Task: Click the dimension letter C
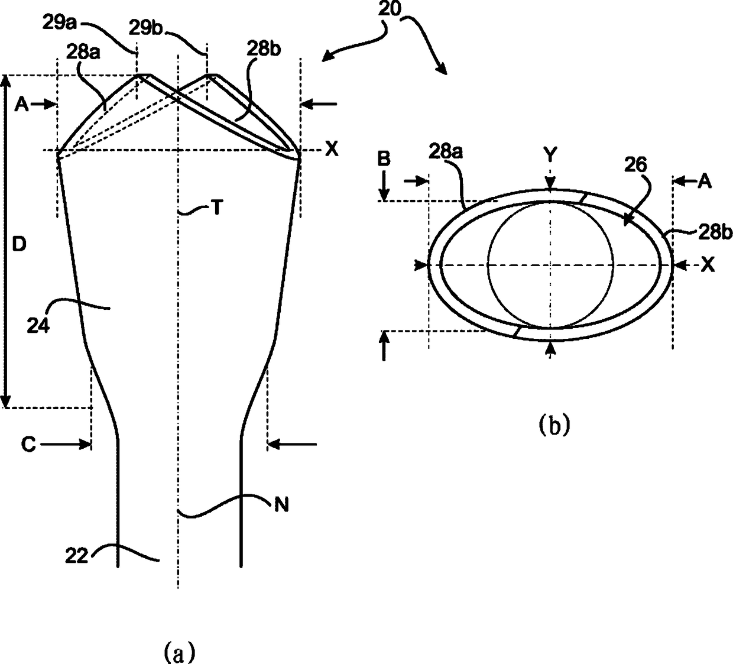click(30, 443)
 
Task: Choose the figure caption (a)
click(177, 652)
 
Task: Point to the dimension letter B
click(384, 158)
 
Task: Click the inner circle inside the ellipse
click(550, 265)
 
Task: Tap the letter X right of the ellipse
click(708, 265)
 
